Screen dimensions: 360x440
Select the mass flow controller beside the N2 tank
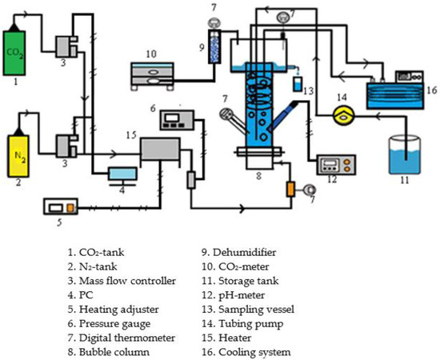click(x=63, y=146)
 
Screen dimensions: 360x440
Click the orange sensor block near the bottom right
click(x=291, y=190)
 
